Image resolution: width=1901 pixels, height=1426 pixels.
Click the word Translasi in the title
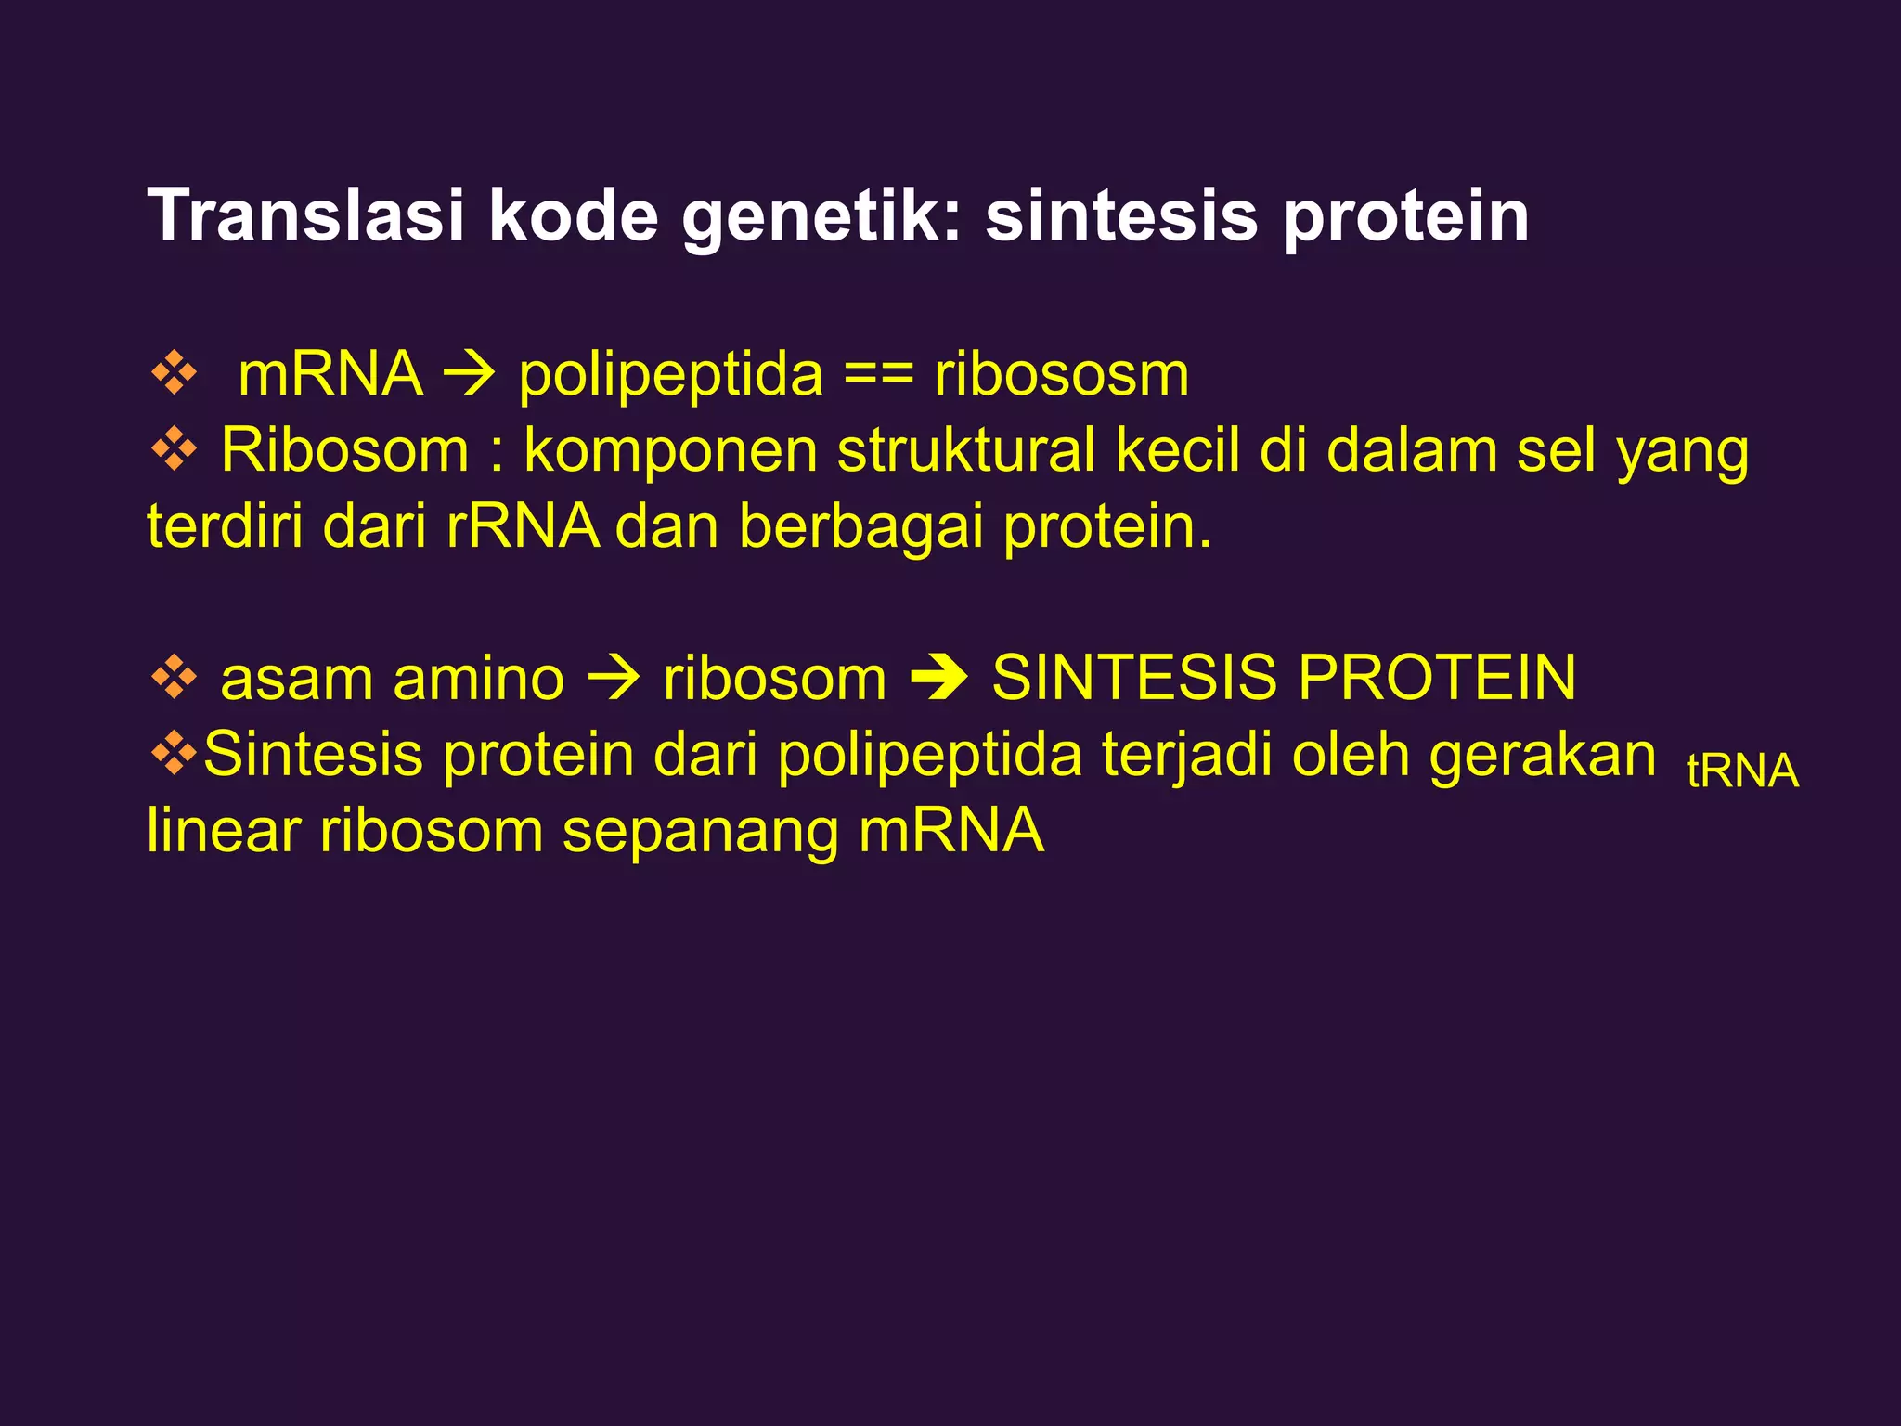coord(305,216)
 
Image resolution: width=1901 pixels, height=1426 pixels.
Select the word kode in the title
coord(573,216)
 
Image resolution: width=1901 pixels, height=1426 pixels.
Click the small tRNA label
coord(1742,771)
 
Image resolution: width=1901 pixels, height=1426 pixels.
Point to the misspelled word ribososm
coord(1061,374)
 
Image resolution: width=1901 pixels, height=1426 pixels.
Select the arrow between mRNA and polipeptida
coord(470,376)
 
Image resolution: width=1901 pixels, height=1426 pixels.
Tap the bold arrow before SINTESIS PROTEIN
coord(939,679)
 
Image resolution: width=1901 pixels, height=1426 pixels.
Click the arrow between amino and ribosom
coord(613,679)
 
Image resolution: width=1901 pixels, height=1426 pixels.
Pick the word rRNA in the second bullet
coord(523,526)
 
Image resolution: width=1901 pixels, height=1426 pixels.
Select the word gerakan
coord(1542,755)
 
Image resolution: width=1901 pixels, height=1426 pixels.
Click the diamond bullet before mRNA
coord(174,375)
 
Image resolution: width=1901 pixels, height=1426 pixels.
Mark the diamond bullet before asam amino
coord(174,678)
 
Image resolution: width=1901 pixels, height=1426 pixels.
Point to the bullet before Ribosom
coord(174,451)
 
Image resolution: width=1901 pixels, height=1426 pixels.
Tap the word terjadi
coord(1188,755)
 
